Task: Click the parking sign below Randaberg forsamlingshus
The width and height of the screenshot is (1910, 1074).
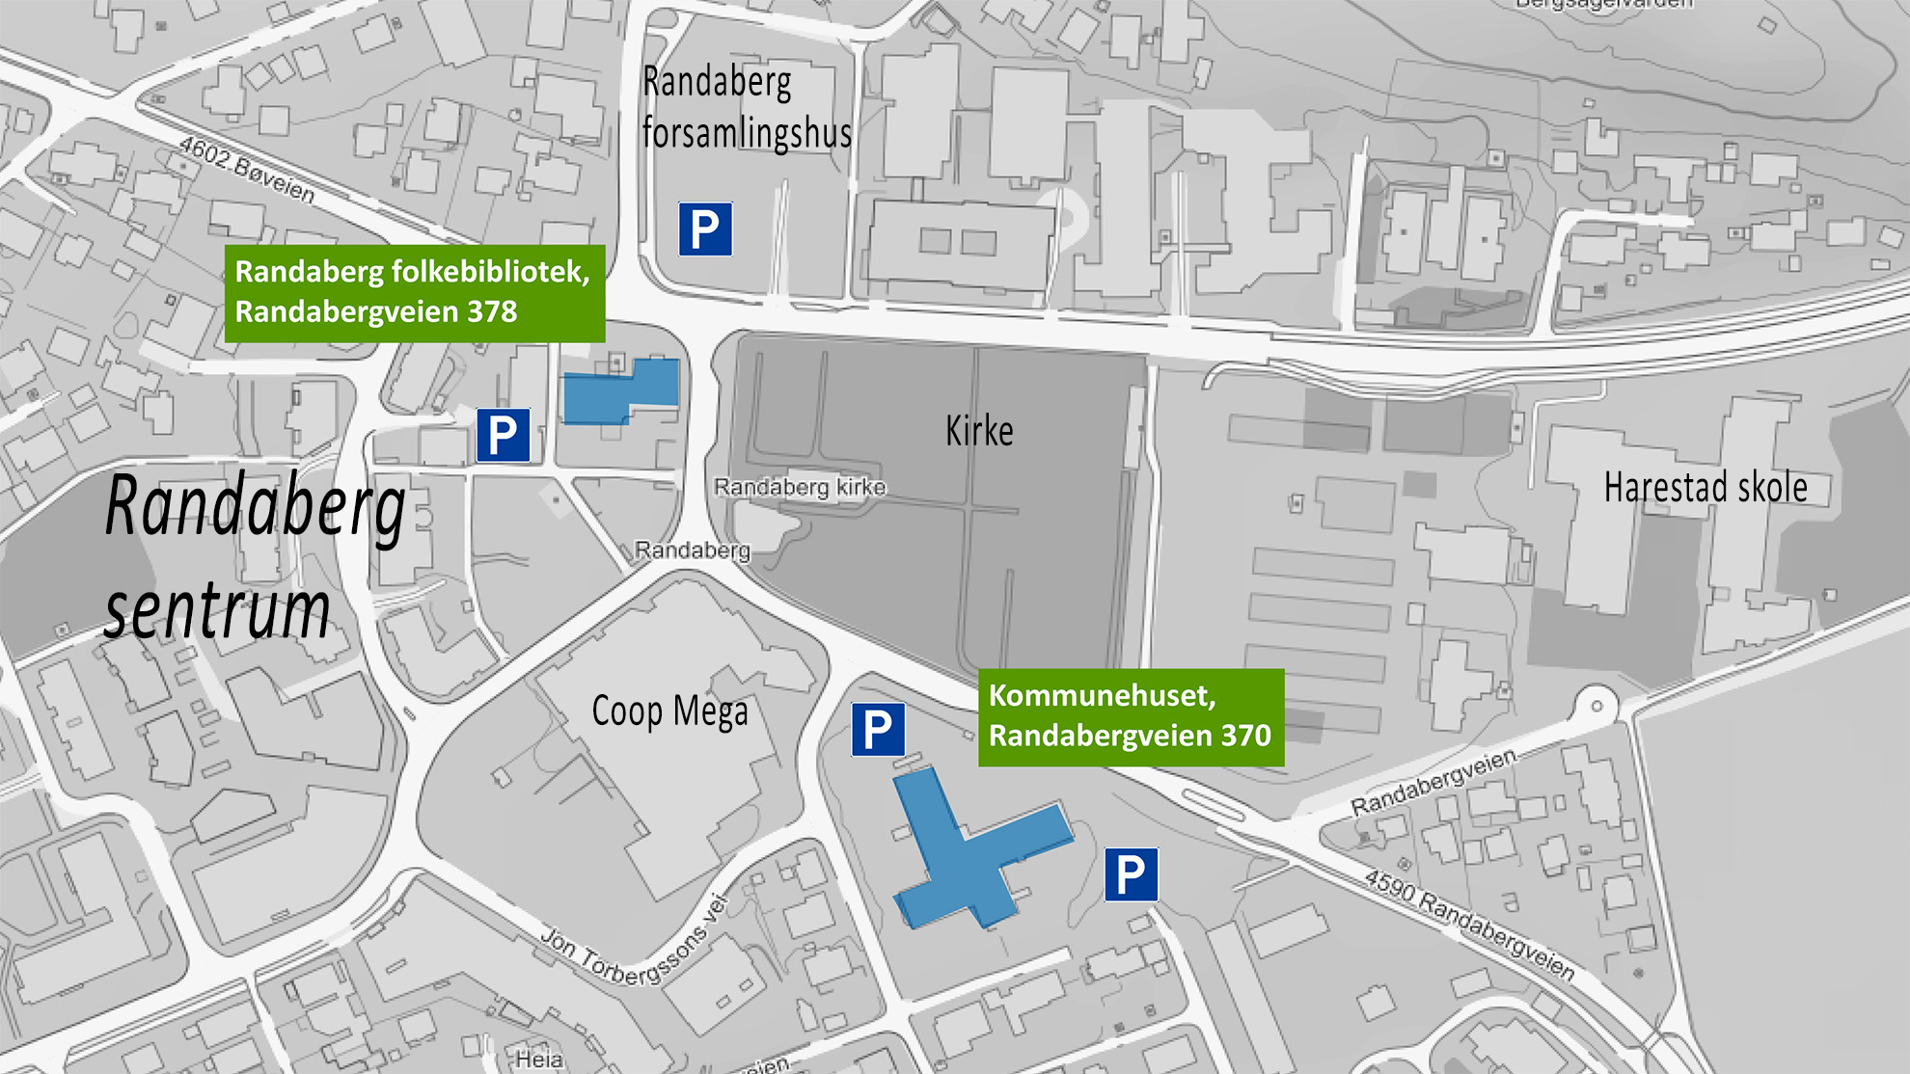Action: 705,229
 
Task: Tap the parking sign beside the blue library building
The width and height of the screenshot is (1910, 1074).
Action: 503,435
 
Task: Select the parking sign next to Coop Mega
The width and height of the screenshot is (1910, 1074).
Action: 878,730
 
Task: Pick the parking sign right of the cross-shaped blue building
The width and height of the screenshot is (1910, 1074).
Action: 1131,875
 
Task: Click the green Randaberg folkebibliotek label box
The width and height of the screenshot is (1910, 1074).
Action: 414,293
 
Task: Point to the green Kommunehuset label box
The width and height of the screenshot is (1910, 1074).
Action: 1131,717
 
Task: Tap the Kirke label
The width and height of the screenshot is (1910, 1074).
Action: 979,431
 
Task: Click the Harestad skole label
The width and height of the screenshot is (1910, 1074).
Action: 1705,488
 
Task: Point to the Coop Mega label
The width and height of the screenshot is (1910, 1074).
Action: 669,712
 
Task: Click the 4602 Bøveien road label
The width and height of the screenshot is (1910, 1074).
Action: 247,171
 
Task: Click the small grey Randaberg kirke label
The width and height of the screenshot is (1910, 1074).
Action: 800,487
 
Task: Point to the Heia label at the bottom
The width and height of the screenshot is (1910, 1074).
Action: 539,1059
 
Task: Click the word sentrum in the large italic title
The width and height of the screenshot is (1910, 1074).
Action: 218,609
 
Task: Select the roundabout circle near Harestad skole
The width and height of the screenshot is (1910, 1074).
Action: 1596,706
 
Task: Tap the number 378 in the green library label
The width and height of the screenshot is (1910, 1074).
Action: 492,312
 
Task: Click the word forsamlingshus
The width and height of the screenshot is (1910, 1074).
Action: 747,133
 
